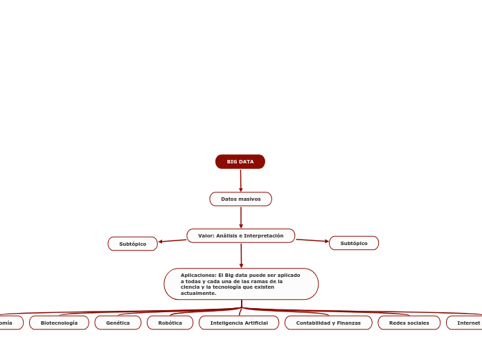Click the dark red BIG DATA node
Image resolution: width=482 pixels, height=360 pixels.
point(240,162)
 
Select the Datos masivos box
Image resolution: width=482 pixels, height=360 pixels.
point(241,199)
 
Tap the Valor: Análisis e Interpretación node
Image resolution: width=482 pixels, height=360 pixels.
point(241,236)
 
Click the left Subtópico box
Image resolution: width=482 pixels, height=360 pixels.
point(132,244)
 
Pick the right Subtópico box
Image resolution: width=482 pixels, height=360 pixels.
point(354,243)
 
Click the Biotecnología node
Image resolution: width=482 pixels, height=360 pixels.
point(59,323)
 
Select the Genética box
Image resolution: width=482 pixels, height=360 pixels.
point(118,323)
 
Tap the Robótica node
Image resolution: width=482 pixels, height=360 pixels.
point(170,323)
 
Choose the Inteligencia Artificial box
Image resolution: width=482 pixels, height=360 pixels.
point(239,323)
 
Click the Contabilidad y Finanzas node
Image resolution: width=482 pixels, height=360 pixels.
point(328,323)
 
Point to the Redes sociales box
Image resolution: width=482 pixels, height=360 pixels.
point(409,323)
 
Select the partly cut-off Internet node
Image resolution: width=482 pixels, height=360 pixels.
point(467,323)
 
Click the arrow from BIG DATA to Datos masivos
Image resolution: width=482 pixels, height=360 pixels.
point(241,180)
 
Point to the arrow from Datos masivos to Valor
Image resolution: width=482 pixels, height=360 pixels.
point(241,217)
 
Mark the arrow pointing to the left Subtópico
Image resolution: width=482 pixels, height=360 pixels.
point(172,241)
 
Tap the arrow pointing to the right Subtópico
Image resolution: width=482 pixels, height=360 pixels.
point(312,241)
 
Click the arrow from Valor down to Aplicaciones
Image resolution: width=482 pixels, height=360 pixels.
point(241,255)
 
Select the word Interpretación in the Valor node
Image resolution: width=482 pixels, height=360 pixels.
point(263,236)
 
